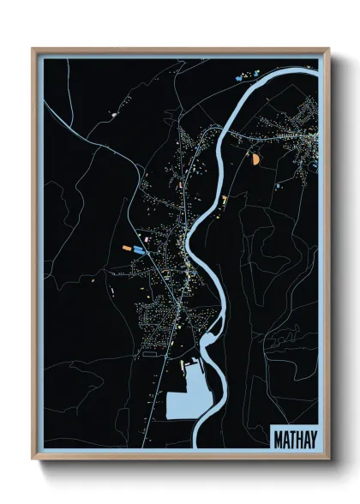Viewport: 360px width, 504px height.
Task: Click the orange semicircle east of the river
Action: coord(255,157)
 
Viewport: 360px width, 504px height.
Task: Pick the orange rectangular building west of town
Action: coord(127,248)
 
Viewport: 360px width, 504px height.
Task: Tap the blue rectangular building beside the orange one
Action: coord(139,249)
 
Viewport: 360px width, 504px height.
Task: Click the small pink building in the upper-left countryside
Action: coord(112,113)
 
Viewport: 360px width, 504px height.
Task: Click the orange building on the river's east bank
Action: coord(225,199)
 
